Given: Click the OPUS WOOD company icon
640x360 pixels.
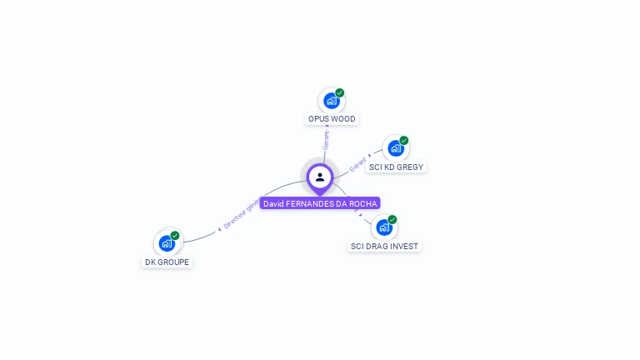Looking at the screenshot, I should coord(332,101).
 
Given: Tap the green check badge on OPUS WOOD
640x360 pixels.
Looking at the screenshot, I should coord(340,92).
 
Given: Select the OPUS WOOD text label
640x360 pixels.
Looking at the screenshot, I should coord(332,119).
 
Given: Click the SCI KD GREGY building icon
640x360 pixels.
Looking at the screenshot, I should coord(396,148).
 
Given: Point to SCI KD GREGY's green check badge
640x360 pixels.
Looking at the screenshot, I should coord(404,140).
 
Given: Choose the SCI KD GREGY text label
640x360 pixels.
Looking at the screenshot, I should coord(396,167).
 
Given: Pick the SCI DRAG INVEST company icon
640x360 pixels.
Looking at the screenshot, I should coord(383,227).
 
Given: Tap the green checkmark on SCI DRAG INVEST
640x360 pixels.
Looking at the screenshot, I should coord(392,219).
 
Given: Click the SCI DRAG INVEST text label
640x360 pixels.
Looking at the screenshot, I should coord(384,247).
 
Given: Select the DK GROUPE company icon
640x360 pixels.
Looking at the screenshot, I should coord(167,243).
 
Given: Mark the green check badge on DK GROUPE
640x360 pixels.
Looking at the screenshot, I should coord(175,235).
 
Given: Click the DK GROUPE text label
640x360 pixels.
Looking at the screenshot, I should coord(167,262).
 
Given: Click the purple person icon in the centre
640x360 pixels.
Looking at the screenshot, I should coord(320,177).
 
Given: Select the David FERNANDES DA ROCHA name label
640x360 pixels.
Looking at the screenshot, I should coord(320,203).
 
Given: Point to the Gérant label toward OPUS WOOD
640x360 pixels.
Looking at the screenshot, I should coord(326,139).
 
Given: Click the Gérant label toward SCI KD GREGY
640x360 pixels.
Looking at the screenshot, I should coord(358,164).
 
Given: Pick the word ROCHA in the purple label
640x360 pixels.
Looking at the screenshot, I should coord(365,203).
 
